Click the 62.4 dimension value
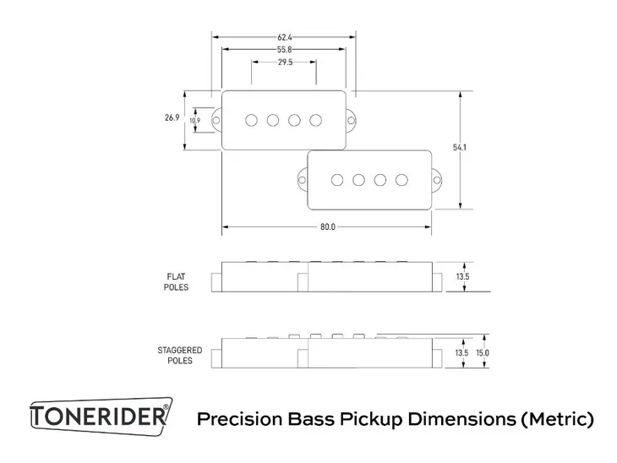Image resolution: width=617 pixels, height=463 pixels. pyautogui.click(x=284, y=38)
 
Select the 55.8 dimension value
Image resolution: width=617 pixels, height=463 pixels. pyautogui.click(x=284, y=50)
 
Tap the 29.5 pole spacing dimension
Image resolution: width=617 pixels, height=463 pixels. pyautogui.click(x=284, y=63)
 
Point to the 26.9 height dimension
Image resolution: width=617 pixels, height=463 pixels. pyautogui.click(x=172, y=119)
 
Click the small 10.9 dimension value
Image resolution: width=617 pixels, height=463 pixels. pyautogui.click(x=195, y=121)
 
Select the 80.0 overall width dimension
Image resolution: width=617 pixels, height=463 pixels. pyautogui.click(x=327, y=227)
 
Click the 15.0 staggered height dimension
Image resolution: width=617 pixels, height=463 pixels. pyautogui.click(x=483, y=353)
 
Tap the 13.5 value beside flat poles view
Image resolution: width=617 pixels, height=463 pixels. pyautogui.click(x=461, y=276)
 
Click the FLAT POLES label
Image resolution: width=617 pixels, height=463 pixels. pyautogui.click(x=177, y=281)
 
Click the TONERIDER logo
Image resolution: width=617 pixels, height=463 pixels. pyautogui.click(x=100, y=417)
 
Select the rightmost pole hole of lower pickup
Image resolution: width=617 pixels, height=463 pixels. pyautogui.click(x=402, y=179)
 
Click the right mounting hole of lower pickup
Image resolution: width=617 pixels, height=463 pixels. pyautogui.click(x=438, y=178)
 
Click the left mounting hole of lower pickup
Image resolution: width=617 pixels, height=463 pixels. pyautogui.click(x=302, y=178)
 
